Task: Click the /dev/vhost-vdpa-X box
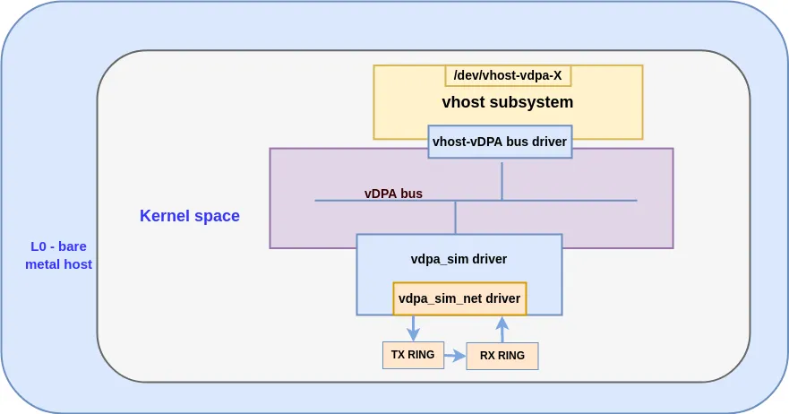508,75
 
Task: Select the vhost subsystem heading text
507,102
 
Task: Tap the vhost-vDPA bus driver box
500,142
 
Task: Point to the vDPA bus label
393,194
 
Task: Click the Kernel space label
190,216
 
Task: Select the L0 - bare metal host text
58,255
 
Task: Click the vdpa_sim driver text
459,259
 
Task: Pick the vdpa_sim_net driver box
459,298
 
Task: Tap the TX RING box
413,355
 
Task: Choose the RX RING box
502,356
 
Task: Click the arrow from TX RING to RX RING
455,356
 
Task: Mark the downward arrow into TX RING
413,328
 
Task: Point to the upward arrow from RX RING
502,329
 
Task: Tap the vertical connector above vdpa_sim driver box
456,218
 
